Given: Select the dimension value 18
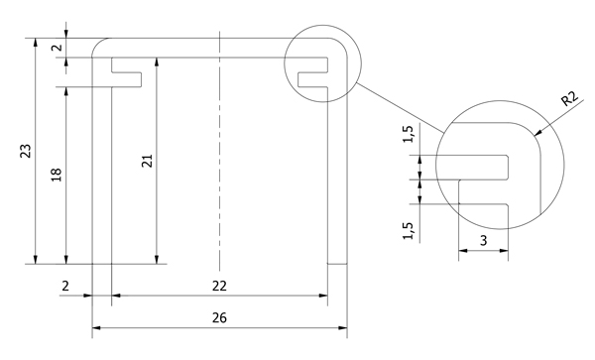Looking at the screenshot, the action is click(56, 174).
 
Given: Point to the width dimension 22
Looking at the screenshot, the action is click(219, 286).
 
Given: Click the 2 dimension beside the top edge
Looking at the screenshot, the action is click(57, 48).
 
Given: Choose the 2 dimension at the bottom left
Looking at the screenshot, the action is click(65, 286).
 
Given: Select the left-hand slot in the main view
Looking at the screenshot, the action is click(128, 73).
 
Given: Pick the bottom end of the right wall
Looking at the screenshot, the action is click(337, 264).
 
